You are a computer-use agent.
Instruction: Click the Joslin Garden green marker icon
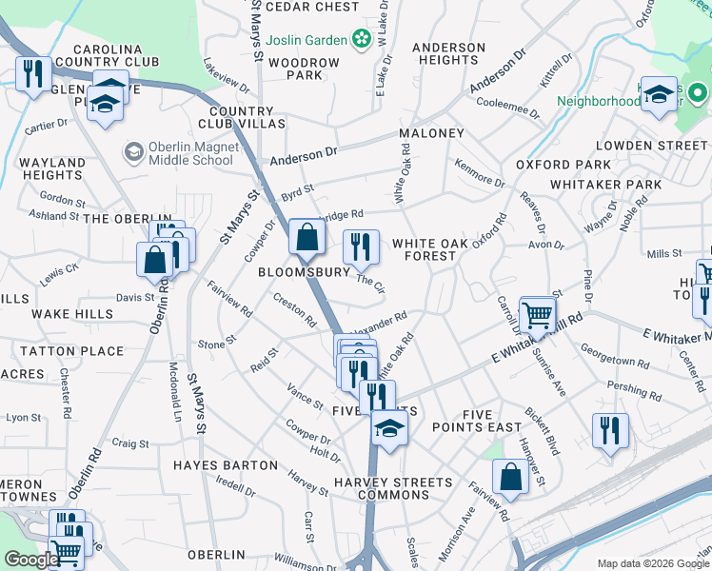click(x=361, y=38)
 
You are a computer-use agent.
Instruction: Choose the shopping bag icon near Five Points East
click(x=510, y=478)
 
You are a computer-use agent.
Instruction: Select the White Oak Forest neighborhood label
click(x=430, y=249)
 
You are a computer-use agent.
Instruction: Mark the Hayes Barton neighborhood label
click(x=226, y=465)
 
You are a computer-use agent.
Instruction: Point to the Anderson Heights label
click(x=448, y=53)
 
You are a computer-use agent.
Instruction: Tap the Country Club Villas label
click(x=242, y=118)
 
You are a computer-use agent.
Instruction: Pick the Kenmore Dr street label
click(x=480, y=175)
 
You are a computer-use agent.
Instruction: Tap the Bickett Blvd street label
click(x=539, y=430)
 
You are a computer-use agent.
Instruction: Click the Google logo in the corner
click(x=31, y=560)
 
